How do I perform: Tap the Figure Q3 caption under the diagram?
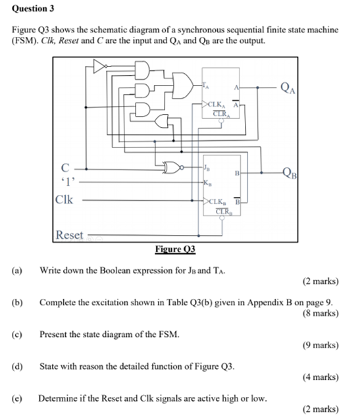click(176, 249)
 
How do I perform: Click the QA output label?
click(288, 88)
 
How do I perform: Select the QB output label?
click(288, 174)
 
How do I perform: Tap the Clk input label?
click(64, 198)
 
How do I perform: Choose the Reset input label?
click(69, 234)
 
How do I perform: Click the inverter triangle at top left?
click(99, 65)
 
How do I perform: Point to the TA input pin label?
click(205, 86)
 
